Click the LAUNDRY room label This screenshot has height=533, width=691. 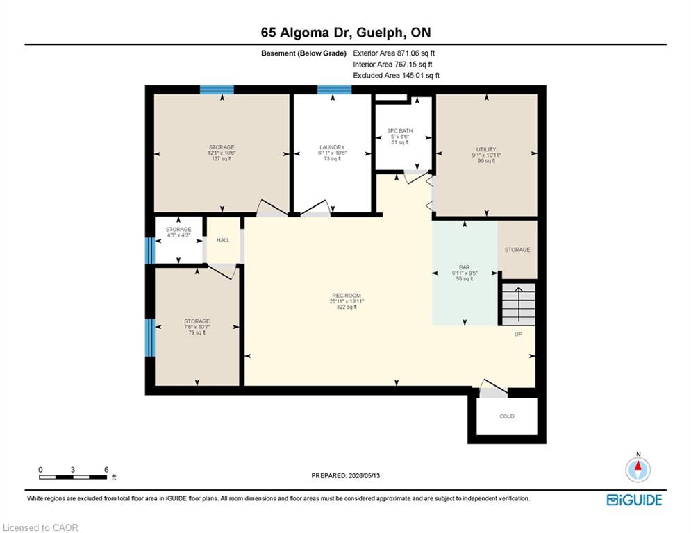tap(332, 147)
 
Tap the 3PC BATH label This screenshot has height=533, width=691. tap(400, 131)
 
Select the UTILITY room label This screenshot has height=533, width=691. tap(486, 149)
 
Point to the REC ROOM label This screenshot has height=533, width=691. tap(347, 296)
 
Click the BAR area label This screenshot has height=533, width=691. tap(464, 267)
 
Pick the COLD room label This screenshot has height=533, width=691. tap(507, 416)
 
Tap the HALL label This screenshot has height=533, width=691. tap(223, 240)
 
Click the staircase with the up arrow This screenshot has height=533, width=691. tap(519, 304)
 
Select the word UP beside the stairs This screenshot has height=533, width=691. tap(518, 334)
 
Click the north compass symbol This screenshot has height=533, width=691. tap(638, 468)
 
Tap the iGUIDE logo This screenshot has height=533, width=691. tap(634, 500)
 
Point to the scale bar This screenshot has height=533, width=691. tap(73, 477)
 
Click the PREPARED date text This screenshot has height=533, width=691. tap(346, 475)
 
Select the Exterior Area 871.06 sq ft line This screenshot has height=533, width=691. tap(394, 53)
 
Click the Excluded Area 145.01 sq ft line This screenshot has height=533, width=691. tap(396, 76)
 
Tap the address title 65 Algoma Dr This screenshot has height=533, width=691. tap(302, 33)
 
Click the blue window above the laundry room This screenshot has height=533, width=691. tap(335, 90)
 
